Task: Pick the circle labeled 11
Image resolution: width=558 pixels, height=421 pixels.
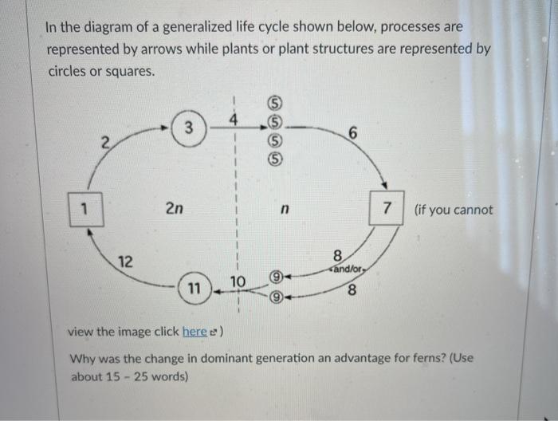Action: (195, 288)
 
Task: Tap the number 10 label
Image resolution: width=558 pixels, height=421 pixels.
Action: (237, 281)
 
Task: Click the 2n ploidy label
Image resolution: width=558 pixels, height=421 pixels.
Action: (174, 210)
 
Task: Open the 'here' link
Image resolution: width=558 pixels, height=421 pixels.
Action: (195, 331)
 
